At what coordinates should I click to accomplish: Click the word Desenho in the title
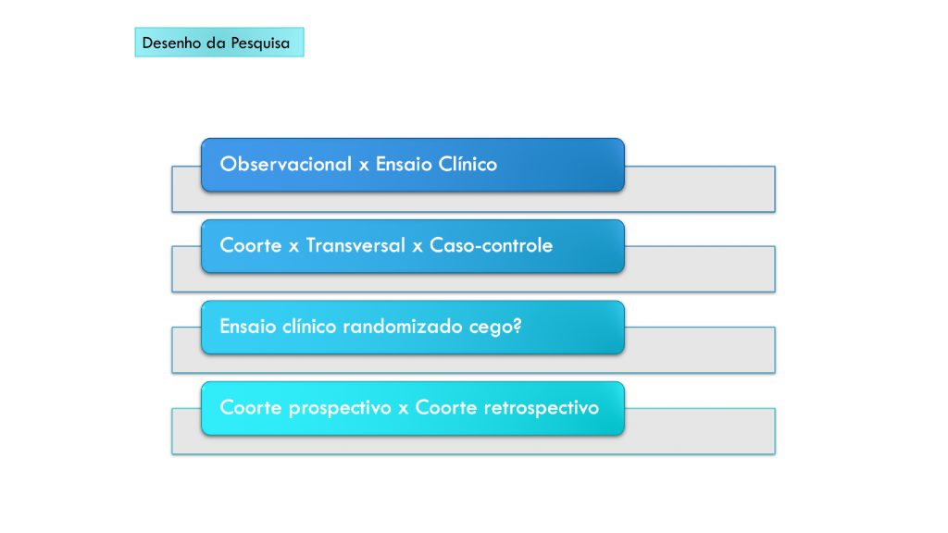tap(171, 43)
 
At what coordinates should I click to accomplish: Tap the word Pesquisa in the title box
tap(260, 43)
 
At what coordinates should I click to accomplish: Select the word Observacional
tap(286, 164)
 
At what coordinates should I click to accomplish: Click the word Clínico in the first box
tap(468, 164)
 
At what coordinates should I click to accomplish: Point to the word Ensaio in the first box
tap(404, 164)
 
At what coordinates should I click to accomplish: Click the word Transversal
tap(355, 244)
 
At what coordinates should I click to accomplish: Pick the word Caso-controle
tap(491, 244)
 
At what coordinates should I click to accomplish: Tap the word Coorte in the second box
tap(251, 244)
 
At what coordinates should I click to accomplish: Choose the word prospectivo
tap(340, 408)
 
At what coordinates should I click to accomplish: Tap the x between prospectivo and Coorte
tap(404, 409)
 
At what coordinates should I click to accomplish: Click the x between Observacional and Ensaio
tap(364, 165)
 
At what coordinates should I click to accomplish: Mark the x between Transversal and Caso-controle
tap(418, 246)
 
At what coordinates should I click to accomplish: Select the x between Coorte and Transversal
tap(293, 246)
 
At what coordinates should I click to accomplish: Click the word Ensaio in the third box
tap(248, 327)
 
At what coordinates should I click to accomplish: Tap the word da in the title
tap(216, 43)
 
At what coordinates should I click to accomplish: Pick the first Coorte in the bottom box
tap(251, 407)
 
